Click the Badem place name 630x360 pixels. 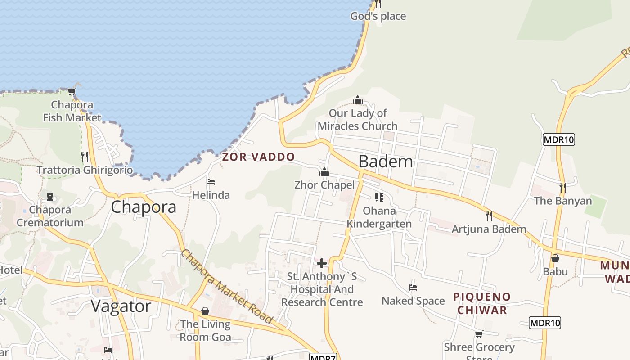tap(386, 161)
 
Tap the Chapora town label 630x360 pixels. tap(144, 207)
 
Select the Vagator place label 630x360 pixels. tap(121, 306)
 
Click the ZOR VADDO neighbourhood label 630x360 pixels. tap(258, 157)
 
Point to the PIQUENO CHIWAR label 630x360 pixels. tap(482, 303)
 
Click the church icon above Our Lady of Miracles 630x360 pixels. tap(358, 99)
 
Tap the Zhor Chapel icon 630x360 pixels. tap(324, 172)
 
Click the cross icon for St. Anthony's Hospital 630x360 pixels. tap(322, 263)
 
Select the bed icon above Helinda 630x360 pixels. tap(211, 182)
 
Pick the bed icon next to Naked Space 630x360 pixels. tap(413, 287)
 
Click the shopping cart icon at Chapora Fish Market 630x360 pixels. tap(72, 92)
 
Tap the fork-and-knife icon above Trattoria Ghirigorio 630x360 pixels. tap(85, 157)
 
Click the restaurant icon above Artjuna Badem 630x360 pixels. tap(489, 216)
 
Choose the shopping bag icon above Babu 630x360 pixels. tap(555, 258)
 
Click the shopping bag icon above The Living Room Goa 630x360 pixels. tap(205, 311)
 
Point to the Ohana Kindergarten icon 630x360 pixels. tap(379, 198)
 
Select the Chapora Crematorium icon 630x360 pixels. tap(49, 197)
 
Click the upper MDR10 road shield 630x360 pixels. tap(559, 139)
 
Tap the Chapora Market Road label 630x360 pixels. tap(227, 287)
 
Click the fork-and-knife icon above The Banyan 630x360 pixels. tap(562, 187)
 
